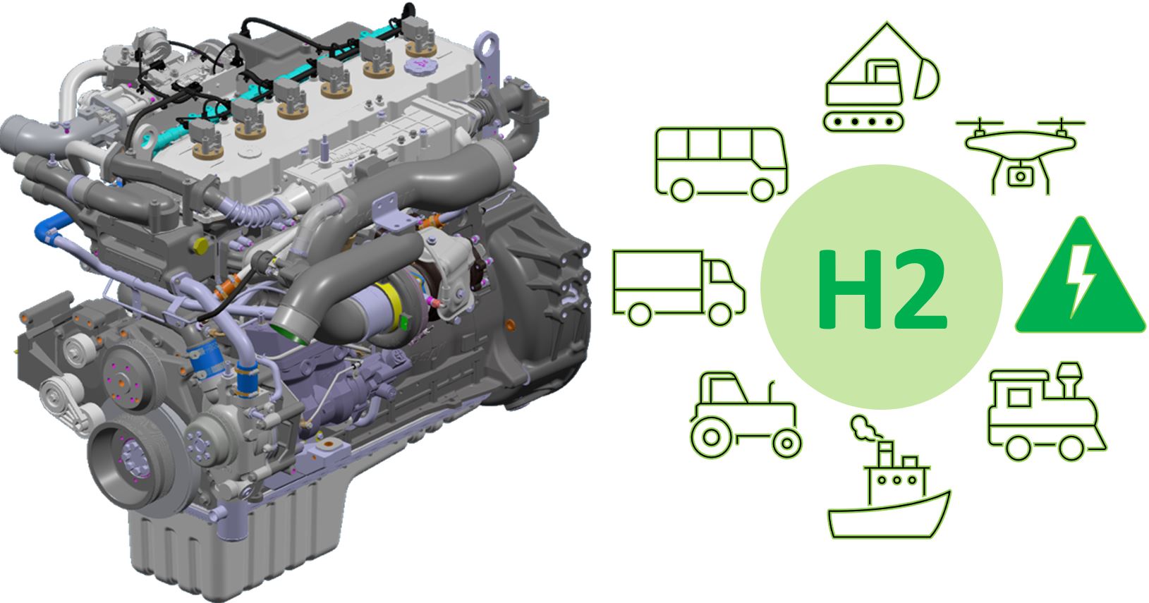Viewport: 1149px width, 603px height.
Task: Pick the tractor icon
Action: [x=746, y=415]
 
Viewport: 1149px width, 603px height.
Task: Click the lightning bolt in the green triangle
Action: [x=1079, y=280]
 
